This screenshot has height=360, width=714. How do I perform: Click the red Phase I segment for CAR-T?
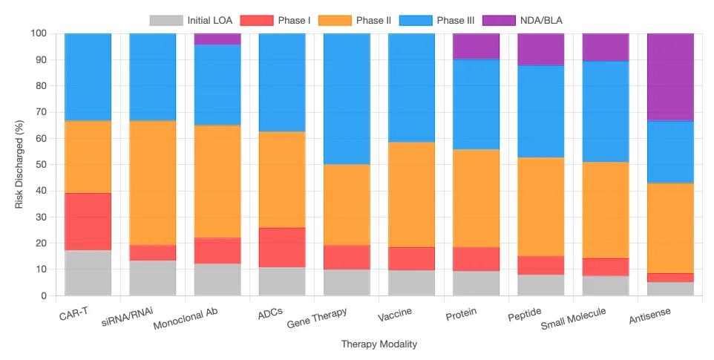(x=88, y=222)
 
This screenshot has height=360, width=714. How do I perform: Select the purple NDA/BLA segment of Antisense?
(x=670, y=77)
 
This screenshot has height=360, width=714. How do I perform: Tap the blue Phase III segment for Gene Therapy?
(x=347, y=99)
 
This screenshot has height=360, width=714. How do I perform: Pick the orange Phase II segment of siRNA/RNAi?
(x=153, y=183)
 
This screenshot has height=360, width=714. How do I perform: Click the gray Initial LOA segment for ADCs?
(x=282, y=281)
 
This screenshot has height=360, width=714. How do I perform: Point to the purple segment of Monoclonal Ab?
(x=217, y=39)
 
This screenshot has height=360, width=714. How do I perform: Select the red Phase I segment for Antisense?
(x=670, y=278)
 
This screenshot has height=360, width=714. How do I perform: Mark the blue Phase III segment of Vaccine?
(x=411, y=88)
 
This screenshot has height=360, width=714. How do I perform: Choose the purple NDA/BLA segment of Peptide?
(x=540, y=49)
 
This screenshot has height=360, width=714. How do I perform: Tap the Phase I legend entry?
(x=275, y=21)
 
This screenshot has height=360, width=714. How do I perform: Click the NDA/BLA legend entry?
(x=523, y=21)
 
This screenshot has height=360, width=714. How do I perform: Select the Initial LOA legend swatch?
(x=166, y=21)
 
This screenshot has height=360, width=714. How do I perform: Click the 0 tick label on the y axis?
(x=43, y=296)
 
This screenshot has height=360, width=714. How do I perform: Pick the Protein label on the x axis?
(x=461, y=314)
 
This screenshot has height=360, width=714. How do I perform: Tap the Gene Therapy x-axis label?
(x=316, y=318)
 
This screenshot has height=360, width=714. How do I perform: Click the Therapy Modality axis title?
(x=379, y=344)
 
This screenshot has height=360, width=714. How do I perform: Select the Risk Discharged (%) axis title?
(x=19, y=164)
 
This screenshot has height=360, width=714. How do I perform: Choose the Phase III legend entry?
(x=436, y=21)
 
